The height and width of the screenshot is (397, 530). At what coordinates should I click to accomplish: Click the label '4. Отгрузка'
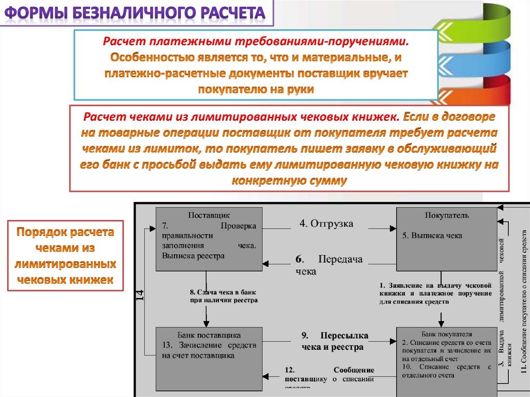[326, 224]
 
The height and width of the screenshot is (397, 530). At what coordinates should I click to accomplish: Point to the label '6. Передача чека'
[329, 264]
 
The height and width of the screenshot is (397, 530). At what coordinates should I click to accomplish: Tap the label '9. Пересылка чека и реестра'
[334, 341]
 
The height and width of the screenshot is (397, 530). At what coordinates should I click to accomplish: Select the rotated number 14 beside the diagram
[140, 296]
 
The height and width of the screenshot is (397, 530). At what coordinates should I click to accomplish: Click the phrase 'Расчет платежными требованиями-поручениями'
[256, 40]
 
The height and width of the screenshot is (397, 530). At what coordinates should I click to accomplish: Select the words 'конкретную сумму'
[289, 181]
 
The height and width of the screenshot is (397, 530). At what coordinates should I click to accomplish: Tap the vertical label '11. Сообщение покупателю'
[524, 305]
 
